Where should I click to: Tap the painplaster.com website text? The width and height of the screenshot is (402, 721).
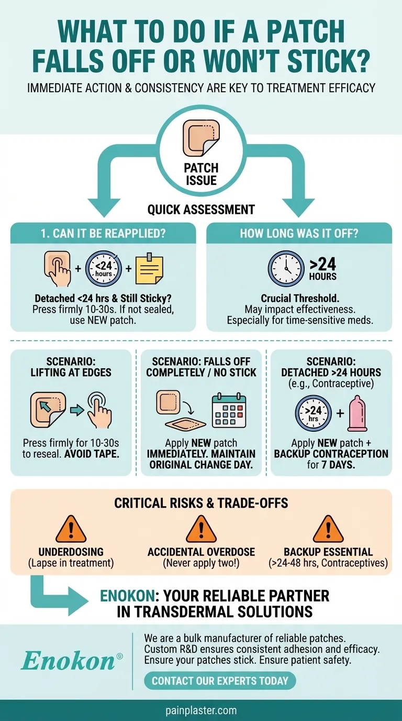[201, 711]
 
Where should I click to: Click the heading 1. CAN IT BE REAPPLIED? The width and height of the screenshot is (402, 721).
[103, 233]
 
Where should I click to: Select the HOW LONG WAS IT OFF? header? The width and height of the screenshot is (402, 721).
[299, 233]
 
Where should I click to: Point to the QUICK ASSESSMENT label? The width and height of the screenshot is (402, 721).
[201, 210]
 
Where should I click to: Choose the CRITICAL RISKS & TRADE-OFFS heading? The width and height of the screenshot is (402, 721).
[201, 503]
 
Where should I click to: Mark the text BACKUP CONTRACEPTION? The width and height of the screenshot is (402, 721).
[331, 454]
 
